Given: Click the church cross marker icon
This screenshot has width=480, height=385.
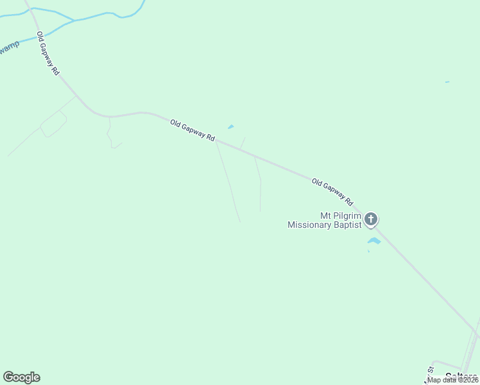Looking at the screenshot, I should click(371, 219).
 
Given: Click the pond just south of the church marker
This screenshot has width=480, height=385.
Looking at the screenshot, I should click(374, 241).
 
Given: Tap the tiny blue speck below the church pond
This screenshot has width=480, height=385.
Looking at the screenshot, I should click(368, 251).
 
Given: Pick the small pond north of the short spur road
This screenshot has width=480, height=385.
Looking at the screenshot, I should click(230, 126).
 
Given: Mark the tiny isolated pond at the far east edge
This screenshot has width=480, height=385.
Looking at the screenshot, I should click(447, 82).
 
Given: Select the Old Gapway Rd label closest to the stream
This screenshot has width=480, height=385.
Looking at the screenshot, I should click(47, 54).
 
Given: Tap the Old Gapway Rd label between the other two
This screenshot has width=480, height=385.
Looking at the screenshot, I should click(193, 131).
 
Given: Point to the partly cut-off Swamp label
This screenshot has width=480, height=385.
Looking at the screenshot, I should click(9, 48).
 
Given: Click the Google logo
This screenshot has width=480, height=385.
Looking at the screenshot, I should click(21, 377).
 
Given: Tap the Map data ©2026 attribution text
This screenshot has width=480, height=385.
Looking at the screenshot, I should click(452, 380).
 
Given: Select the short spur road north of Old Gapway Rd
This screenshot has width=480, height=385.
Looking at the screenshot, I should click(242, 142).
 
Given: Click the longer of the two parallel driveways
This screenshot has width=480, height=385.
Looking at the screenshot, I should click(228, 183).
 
